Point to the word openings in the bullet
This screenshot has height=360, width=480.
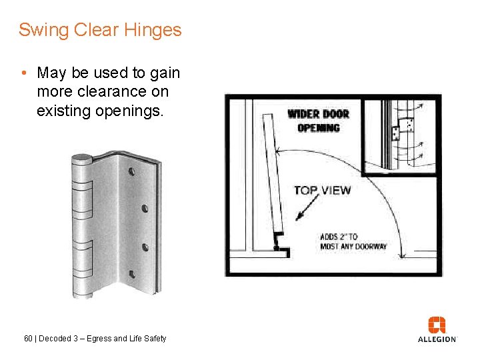pyautogui.click(x=131, y=111)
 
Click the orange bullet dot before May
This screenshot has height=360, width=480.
pyautogui.click(x=23, y=73)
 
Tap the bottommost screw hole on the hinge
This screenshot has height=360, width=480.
pyautogui.click(x=132, y=273)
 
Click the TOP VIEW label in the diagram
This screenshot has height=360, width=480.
pyautogui.click(x=322, y=191)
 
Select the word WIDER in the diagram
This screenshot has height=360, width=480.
pyautogui.click(x=303, y=114)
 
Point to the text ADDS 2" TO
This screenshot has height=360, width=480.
pyautogui.click(x=339, y=237)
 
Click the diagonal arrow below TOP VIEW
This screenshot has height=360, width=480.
pyautogui.click(x=309, y=209)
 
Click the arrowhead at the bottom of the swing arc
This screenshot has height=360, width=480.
pyautogui.click(x=401, y=254)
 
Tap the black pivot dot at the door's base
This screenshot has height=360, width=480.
pyautogui.click(x=276, y=249)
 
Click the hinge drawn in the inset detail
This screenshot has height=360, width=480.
pyautogui.click(x=395, y=133)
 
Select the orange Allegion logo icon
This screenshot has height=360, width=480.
pyautogui.click(x=437, y=325)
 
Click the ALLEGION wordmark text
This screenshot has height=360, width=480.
pyautogui.click(x=437, y=339)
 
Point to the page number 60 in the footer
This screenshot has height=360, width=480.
pyautogui.click(x=28, y=339)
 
